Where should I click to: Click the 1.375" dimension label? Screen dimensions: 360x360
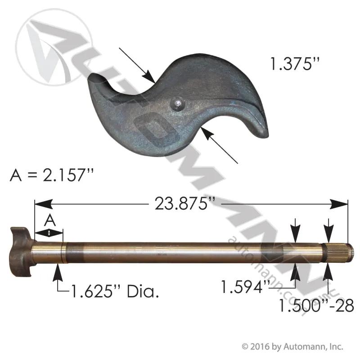click(x=295, y=63)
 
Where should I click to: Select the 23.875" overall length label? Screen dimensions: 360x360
click(x=185, y=204)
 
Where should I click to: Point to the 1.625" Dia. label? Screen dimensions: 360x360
click(x=115, y=291)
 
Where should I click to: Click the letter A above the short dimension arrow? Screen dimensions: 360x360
click(x=50, y=220)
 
